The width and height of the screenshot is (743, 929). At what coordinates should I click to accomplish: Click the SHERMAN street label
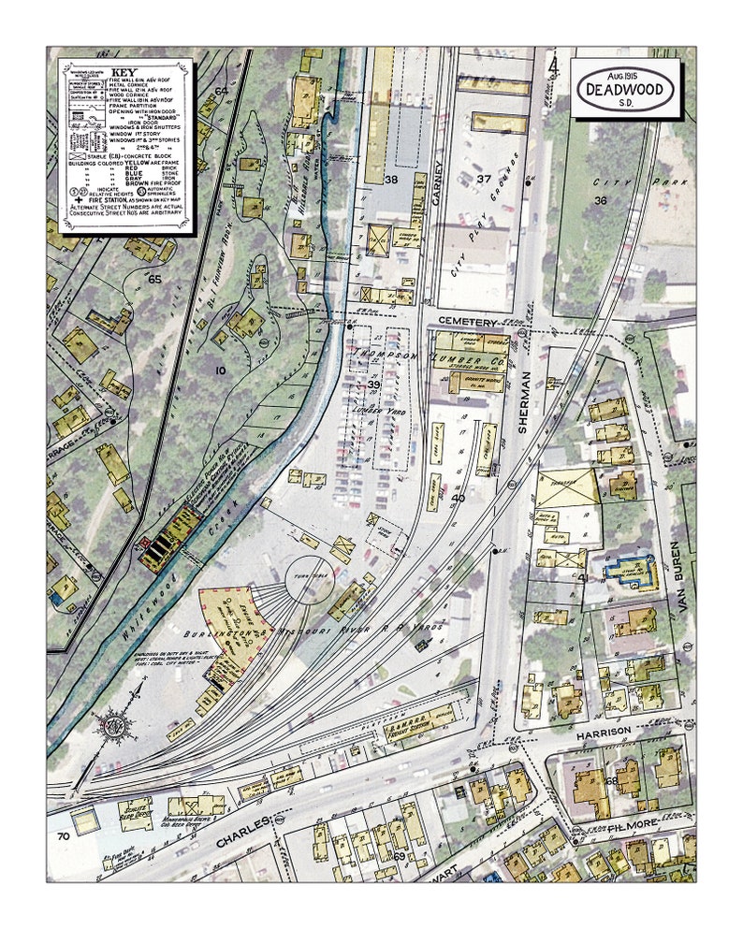point(525,405)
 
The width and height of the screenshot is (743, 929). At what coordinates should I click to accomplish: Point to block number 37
point(483,179)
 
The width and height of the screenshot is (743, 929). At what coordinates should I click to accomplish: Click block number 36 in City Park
point(600,199)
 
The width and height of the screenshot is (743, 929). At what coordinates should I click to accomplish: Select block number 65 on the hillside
point(155,279)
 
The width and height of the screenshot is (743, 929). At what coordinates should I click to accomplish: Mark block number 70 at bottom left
point(64,835)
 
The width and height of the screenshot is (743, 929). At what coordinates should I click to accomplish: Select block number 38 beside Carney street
point(391,179)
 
